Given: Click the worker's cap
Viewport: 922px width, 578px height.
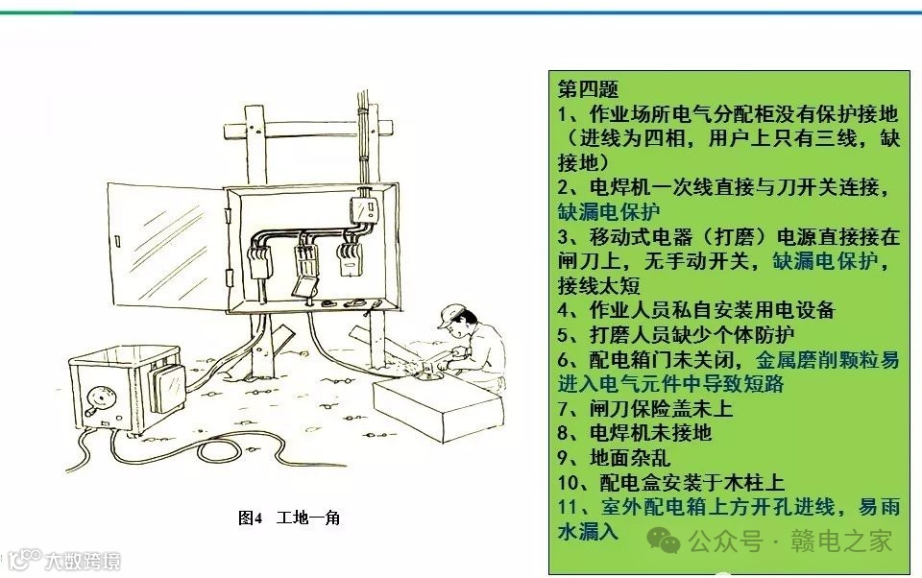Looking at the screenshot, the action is click(x=450, y=315).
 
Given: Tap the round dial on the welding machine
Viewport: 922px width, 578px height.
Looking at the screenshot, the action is click(x=99, y=397).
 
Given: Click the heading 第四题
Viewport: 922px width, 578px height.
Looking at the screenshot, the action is click(x=588, y=88).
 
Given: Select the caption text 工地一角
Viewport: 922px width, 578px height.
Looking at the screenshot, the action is click(x=308, y=518).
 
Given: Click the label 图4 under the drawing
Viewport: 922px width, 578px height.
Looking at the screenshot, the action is click(x=250, y=518).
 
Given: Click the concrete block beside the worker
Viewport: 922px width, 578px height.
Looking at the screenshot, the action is click(x=438, y=407).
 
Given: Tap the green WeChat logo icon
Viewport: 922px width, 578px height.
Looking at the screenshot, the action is click(x=664, y=541).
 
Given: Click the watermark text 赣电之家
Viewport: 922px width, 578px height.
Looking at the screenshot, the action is click(x=841, y=541).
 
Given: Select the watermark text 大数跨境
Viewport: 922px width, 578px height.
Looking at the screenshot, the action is click(x=83, y=561).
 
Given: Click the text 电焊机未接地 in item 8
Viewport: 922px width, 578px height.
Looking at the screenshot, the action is click(x=650, y=433).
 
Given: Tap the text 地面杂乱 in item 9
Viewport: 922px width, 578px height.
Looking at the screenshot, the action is click(x=630, y=457).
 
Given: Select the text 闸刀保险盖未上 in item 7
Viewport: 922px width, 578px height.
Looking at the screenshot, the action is click(x=661, y=408).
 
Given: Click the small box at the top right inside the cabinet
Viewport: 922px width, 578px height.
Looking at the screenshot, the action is click(x=363, y=210).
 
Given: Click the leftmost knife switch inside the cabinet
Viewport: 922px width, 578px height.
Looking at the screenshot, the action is click(x=258, y=262).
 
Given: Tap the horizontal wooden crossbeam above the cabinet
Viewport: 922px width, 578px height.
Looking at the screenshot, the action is click(x=307, y=130).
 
